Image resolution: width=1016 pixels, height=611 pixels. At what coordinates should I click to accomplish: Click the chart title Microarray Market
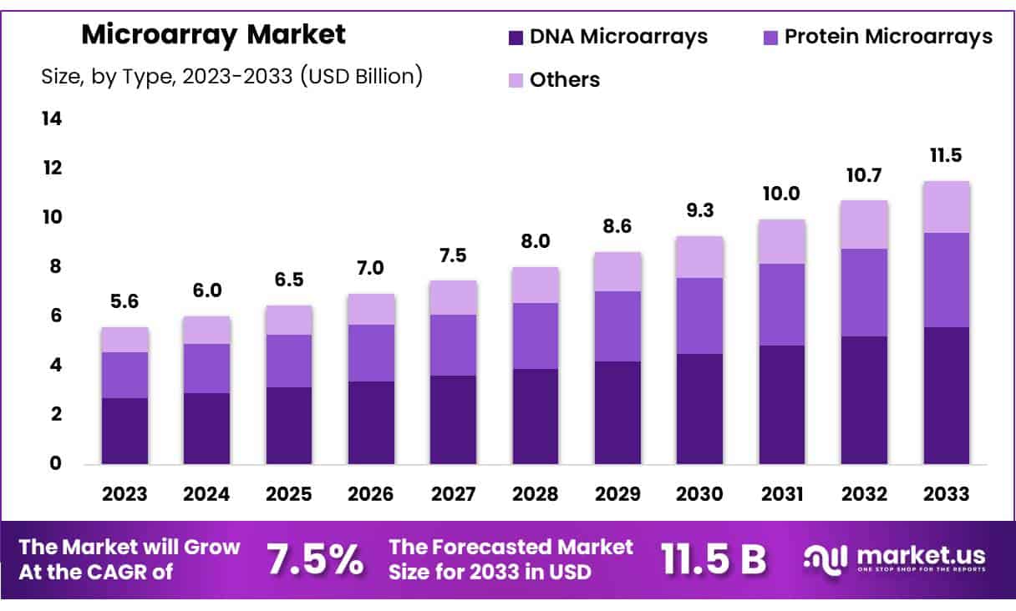point(213,35)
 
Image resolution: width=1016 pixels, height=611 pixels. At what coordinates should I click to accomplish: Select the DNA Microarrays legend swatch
point(516,37)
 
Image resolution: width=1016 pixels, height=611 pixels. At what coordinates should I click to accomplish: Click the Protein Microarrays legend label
point(886,37)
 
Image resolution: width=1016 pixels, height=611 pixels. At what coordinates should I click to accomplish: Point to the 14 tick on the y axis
point(52,119)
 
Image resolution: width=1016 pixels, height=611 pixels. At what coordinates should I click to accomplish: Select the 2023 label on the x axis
point(124,493)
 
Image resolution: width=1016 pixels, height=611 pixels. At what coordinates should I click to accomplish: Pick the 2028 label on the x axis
point(536,493)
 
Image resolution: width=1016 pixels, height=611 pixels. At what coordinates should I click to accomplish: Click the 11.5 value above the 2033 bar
point(947,156)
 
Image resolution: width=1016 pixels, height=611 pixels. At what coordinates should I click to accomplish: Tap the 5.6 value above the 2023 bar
point(124,302)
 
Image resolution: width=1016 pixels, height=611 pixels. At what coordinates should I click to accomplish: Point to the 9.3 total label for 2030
point(699,211)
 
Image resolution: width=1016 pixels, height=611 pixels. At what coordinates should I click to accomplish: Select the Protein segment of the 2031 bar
point(782,305)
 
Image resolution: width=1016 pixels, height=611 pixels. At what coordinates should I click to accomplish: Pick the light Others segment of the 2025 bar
point(289,320)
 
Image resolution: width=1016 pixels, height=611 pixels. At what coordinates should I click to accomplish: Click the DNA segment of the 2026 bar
point(371,422)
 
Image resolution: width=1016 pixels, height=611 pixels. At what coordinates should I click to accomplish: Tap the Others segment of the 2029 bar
point(617,271)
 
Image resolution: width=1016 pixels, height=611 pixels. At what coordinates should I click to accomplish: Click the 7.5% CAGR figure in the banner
point(315,560)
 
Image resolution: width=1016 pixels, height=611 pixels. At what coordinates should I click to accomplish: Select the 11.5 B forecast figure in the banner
point(713,560)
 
